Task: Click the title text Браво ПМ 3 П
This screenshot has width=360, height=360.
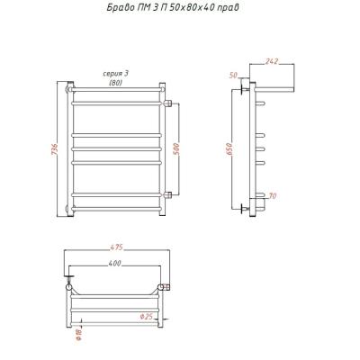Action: click(x=137, y=8)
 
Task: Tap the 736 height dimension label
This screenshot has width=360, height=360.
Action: click(x=55, y=149)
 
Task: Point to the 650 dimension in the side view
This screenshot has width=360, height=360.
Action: click(x=229, y=149)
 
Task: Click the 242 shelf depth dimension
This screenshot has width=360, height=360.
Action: click(x=272, y=61)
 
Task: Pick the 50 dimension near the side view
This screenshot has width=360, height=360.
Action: click(x=233, y=76)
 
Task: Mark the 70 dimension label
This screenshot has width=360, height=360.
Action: click(x=273, y=196)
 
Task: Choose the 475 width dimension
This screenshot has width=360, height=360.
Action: click(x=116, y=247)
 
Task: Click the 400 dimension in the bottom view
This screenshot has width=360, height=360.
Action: click(x=114, y=264)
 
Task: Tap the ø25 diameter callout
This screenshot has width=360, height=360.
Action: click(x=146, y=316)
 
